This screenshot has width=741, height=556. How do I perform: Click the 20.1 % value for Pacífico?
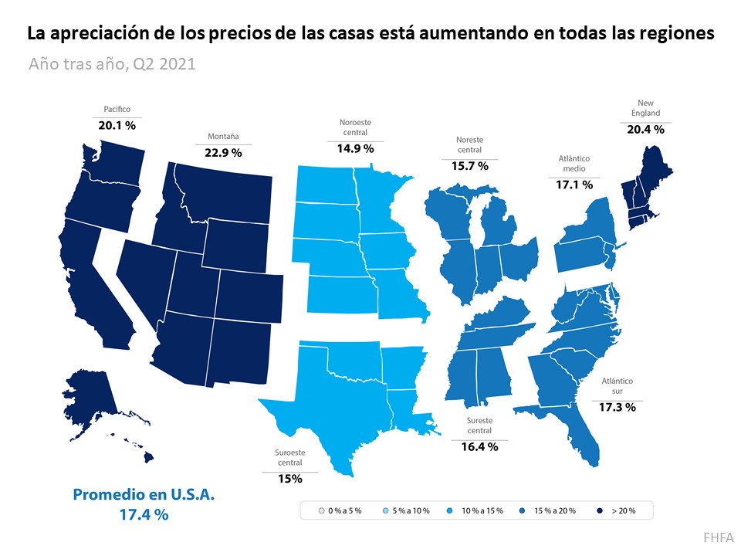[x=117, y=124]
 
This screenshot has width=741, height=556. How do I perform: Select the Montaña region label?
[x=222, y=137]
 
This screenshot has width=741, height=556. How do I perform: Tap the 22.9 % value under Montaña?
[x=222, y=152]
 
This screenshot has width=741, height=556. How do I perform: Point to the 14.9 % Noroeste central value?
[x=355, y=147]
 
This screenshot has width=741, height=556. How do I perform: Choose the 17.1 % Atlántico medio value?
[x=574, y=185]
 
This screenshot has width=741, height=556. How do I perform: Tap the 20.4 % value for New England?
[x=645, y=129]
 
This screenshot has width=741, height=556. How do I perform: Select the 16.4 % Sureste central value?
[x=479, y=446]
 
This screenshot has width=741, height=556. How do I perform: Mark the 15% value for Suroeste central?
[x=289, y=478]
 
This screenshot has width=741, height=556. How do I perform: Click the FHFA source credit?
[x=718, y=537]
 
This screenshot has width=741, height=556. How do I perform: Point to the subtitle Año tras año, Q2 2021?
[x=112, y=63]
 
